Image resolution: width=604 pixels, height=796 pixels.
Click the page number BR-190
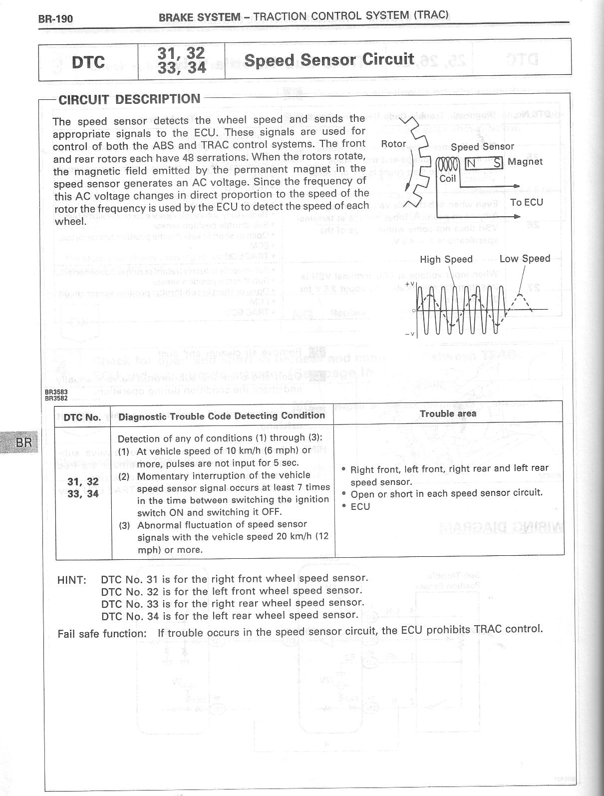(x=56, y=19)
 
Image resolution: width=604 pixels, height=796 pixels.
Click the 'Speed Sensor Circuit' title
(x=329, y=60)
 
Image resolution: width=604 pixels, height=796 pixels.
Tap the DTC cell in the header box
(x=88, y=62)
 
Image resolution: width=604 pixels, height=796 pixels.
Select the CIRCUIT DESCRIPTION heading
(x=129, y=99)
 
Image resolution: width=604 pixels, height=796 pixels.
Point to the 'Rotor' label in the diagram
(x=393, y=144)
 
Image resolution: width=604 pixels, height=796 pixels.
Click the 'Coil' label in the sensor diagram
(x=448, y=178)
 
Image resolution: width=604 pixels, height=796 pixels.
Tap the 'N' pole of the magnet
(x=471, y=163)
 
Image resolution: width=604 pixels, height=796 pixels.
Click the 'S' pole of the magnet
(x=497, y=163)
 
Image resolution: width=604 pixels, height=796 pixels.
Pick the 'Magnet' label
(x=525, y=162)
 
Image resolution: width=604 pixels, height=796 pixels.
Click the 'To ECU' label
(x=527, y=202)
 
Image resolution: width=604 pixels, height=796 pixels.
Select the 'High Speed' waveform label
(x=446, y=259)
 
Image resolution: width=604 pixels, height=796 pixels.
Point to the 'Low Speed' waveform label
(x=525, y=259)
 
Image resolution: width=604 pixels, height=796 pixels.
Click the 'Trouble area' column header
(x=448, y=413)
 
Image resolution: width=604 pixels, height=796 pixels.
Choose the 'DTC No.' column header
(x=82, y=417)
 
